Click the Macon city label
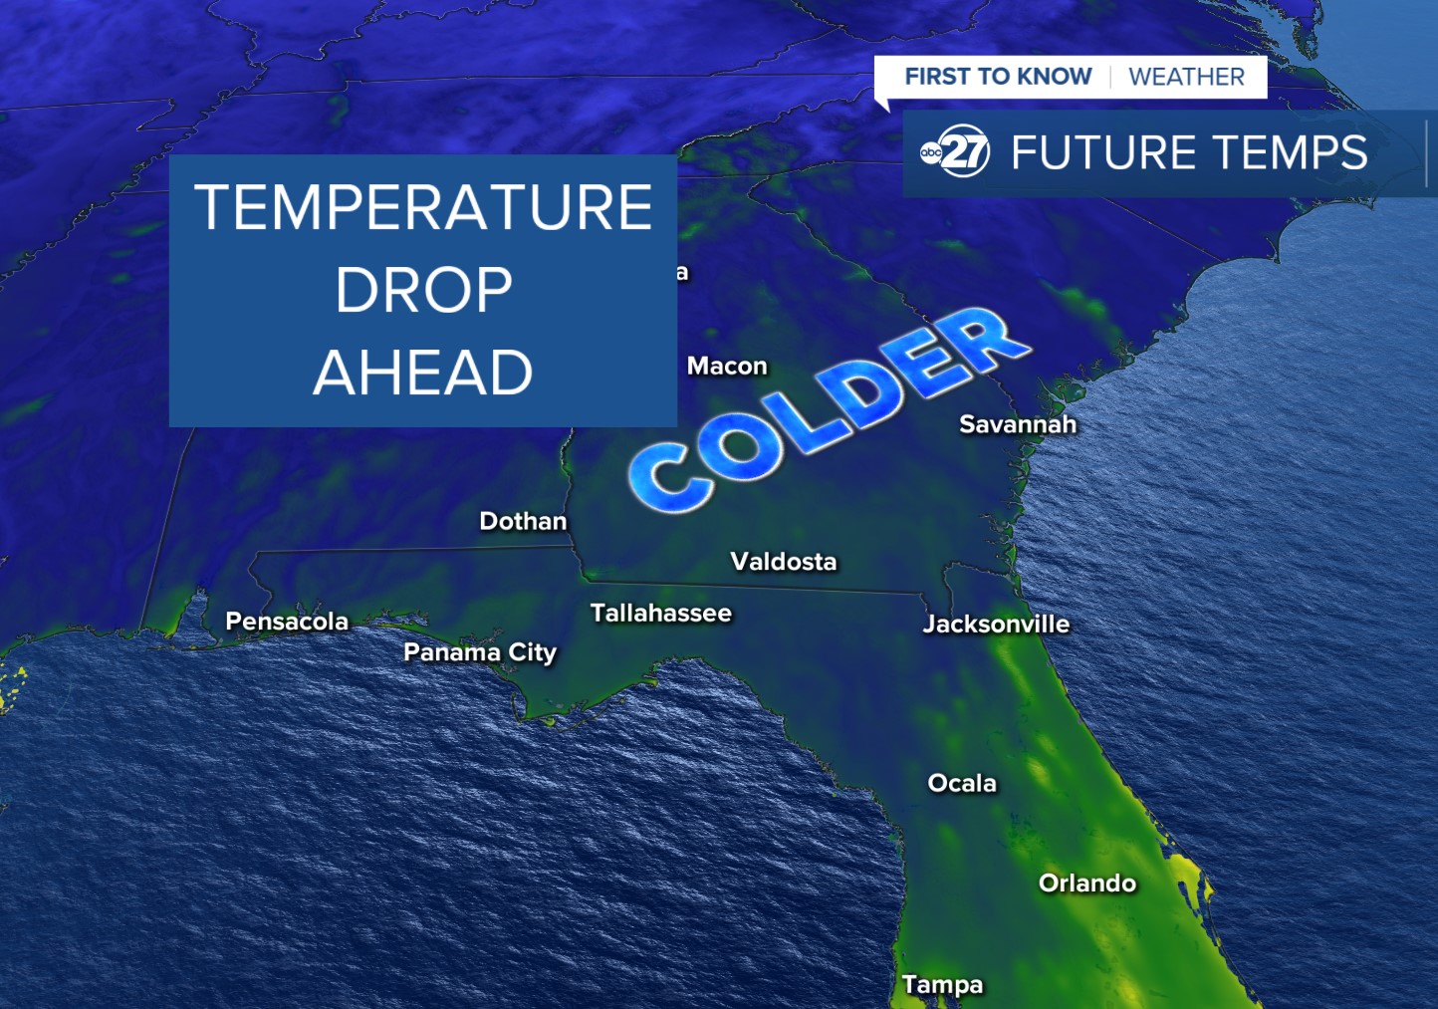[x=727, y=367]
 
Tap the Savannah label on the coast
[x=1018, y=424]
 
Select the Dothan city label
[x=523, y=521]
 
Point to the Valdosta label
[x=783, y=562]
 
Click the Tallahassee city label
[x=660, y=613]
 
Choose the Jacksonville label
[x=996, y=624]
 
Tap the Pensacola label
[x=287, y=622]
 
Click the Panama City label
[x=480, y=652]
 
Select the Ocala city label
[x=962, y=783]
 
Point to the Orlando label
[x=1086, y=883]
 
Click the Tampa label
[x=942, y=984]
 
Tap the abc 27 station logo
[x=955, y=151]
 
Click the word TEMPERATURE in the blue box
[x=423, y=207]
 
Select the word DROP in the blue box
[x=423, y=290]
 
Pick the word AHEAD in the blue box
[x=423, y=373]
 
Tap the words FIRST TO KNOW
[x=998, y=77]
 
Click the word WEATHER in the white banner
[x=1186, y=77]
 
